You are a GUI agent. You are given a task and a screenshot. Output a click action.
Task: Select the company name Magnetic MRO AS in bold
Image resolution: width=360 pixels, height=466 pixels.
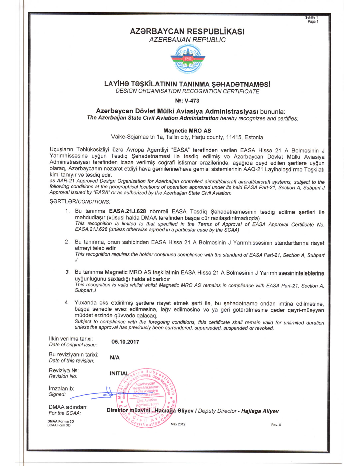187,131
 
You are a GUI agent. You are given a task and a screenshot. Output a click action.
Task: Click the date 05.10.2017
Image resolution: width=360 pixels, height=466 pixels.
125,342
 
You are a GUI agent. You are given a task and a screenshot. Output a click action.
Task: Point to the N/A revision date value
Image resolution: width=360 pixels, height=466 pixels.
115,358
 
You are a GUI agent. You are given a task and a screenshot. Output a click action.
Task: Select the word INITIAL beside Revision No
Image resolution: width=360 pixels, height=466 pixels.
119,373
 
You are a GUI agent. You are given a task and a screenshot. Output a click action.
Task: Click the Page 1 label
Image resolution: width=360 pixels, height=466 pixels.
313,22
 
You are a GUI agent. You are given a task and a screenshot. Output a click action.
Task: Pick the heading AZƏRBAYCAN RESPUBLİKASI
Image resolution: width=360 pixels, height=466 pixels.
187,32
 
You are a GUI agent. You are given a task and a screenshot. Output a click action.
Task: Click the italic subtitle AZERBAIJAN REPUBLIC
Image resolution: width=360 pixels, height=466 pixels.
187,40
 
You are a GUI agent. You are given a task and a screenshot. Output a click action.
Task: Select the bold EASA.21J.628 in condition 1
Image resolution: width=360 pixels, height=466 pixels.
128,211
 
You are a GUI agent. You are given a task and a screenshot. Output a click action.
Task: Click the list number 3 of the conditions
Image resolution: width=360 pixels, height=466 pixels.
67,272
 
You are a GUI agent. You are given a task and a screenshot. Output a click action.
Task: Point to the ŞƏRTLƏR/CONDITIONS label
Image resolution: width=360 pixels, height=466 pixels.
80,202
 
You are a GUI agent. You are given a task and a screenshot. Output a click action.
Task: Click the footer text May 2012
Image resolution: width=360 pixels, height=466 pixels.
178,424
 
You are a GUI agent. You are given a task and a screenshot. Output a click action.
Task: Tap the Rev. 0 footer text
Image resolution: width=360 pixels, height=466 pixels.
276,425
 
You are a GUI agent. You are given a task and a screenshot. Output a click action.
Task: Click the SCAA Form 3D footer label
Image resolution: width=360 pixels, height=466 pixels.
59,425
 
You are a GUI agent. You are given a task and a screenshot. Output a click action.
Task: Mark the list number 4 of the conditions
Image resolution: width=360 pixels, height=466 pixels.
67,303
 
